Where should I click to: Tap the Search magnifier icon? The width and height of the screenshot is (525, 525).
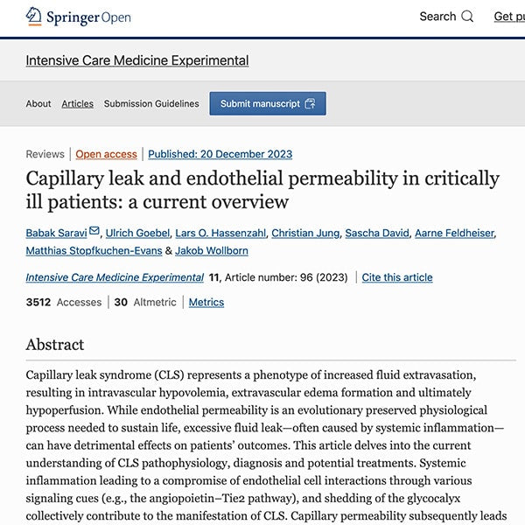tap(467, 17)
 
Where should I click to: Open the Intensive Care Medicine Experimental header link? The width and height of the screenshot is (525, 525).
tap(136, 60)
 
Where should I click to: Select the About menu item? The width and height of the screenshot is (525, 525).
tap(38, 103)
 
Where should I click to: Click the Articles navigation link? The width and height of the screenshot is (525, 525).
tap(77, 103)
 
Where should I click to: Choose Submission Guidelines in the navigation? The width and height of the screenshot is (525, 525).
tap(151, 103)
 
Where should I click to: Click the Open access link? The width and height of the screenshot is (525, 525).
tap(106, 154)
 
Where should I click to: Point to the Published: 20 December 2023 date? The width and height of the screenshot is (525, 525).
tap(220, 154)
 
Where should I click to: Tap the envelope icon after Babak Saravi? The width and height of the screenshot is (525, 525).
tap(94, 232)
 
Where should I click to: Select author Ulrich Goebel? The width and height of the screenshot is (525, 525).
tap(138, 233)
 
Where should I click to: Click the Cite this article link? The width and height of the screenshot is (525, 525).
tap(397, 277)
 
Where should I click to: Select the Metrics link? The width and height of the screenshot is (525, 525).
tap(206, 302)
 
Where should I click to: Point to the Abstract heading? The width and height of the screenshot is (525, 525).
tap(55, 345)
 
